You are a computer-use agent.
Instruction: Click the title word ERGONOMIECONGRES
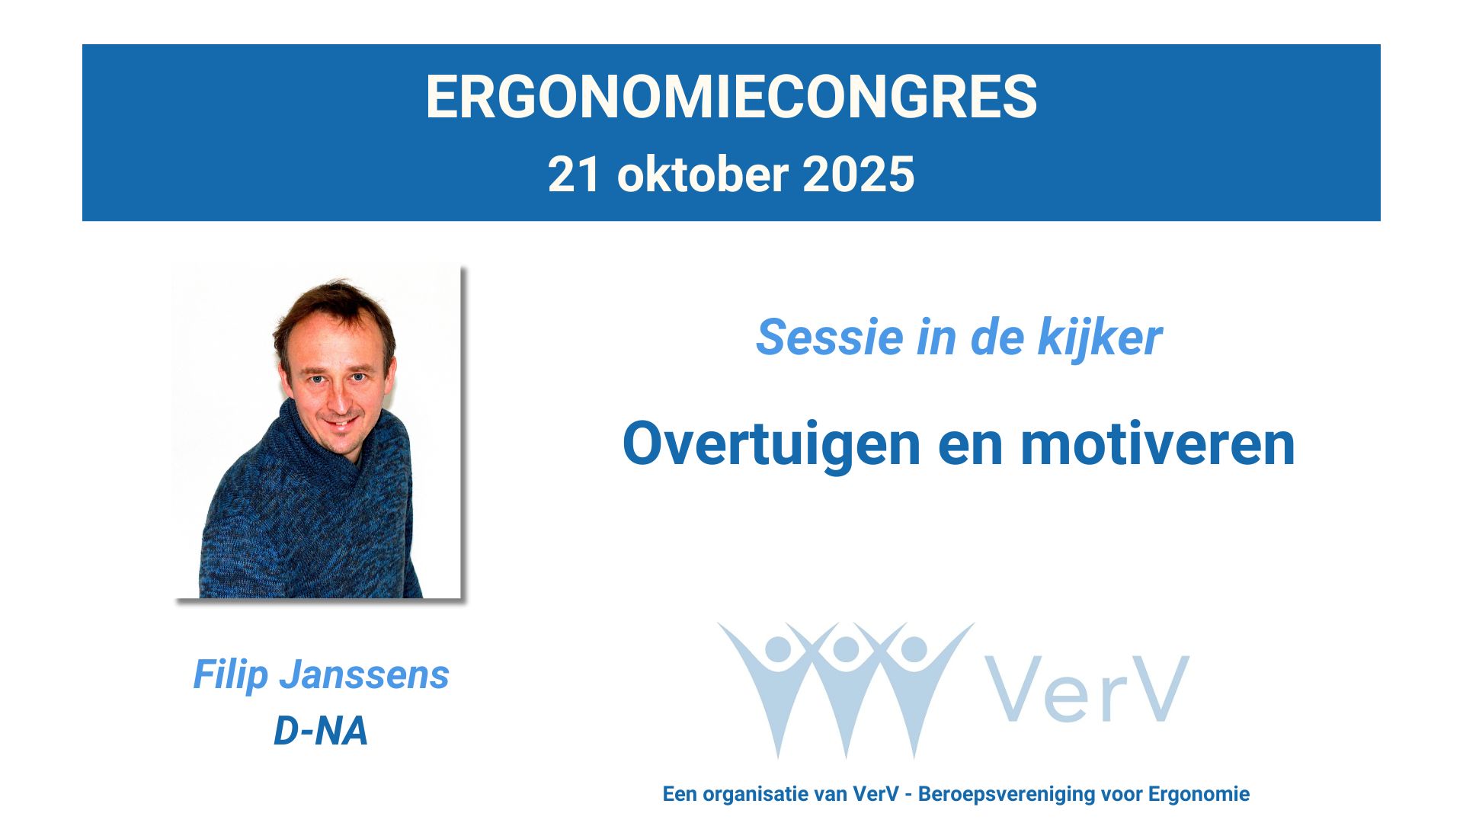731,97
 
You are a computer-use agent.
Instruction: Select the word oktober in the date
702,175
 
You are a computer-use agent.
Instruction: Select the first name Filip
230,674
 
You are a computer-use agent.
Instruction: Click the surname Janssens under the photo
364,674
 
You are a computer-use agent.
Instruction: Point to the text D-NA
321,731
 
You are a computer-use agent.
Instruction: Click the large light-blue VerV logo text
1087,690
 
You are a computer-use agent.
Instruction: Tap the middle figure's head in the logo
846,649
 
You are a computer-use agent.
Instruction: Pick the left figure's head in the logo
778,649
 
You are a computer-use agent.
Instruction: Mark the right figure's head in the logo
914,649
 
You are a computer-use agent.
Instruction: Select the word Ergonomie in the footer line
1199,794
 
